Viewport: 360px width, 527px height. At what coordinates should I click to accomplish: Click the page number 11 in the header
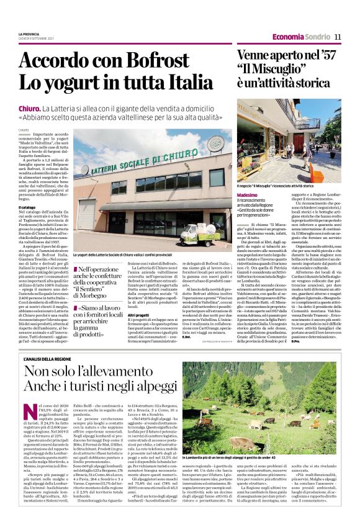[338, 38]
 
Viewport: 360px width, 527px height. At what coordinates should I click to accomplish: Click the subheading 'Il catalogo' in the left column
[30, 198]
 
